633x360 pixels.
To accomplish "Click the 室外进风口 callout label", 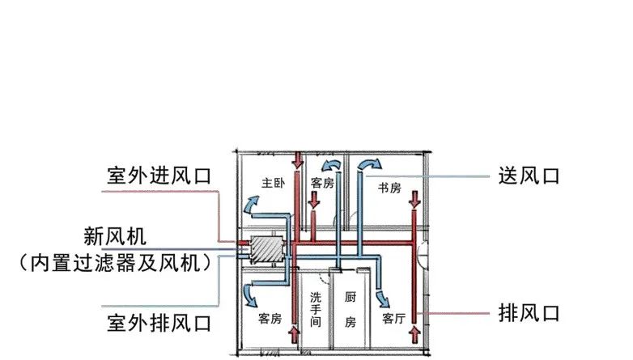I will point(159,176).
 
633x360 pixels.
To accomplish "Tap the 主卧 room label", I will point(273,182).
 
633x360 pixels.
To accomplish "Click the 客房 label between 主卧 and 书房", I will point(322,183).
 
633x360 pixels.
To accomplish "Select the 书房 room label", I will point(389,188).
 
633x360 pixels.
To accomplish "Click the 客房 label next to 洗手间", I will point(270,318).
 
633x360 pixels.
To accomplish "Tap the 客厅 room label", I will point(393,318).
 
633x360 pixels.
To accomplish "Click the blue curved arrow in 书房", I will point(368,165).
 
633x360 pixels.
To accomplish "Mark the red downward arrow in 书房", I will point(415,199).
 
